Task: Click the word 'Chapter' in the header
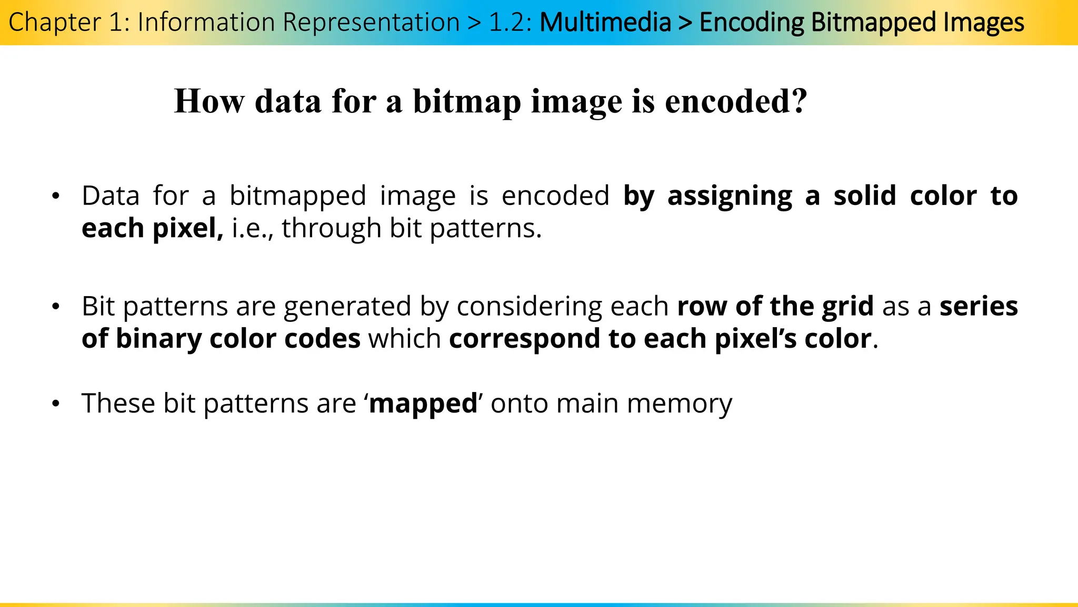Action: click(55, 23)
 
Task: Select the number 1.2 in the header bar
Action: click(506, 23)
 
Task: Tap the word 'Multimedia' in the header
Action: click(605, 23)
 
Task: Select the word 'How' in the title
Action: click(209, 101)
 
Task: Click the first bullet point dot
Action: click(56, 197)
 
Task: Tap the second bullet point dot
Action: click(56, 307)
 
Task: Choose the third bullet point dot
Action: click(56, 404)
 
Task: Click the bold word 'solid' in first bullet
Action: click(865, 195)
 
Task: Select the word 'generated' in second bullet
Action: click(347, 307)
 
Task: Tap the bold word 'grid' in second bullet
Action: click(847, 307)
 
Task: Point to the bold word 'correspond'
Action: click(524, 339)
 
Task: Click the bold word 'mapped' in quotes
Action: click(423, 404)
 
